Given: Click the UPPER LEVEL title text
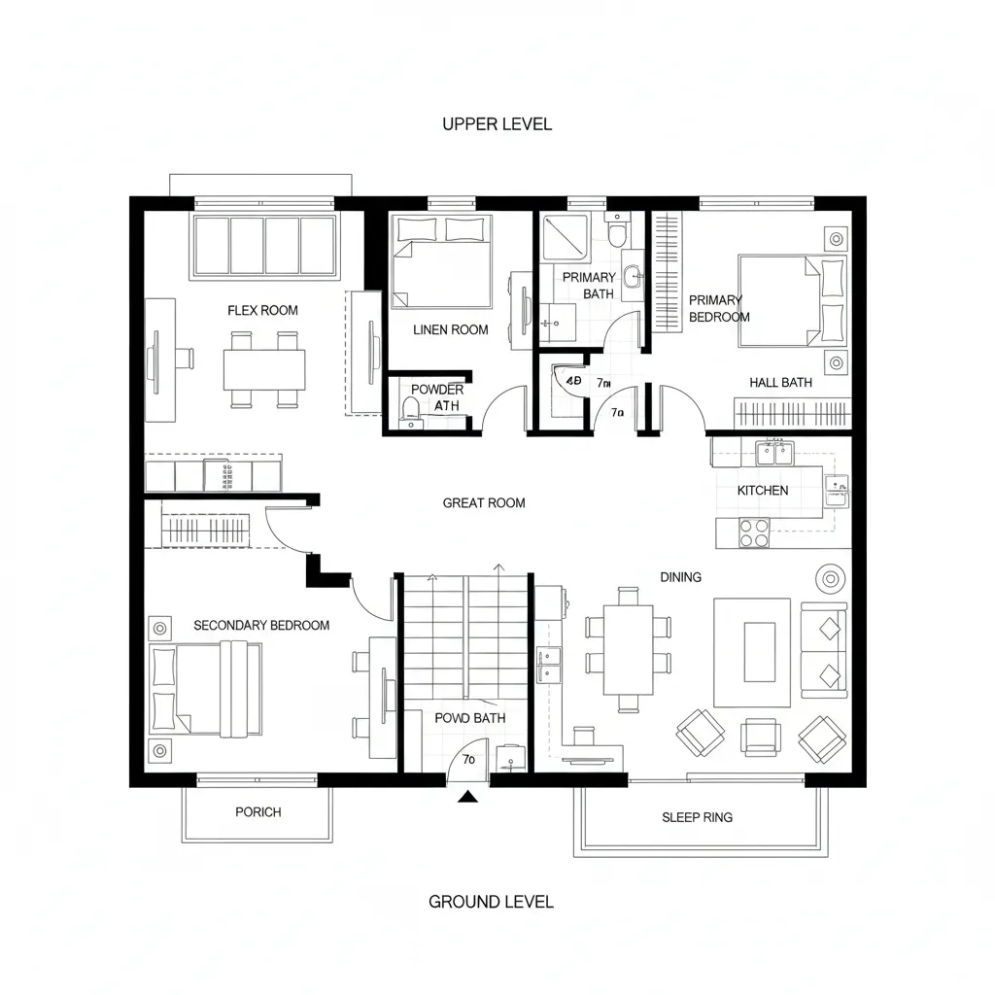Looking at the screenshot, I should coord(497,123).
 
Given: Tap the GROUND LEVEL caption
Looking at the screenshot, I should coord(491,901).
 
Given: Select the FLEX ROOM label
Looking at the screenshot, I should coord(262,310).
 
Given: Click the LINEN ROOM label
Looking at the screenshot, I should coord(450,329).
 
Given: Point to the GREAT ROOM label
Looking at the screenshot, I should coord(483,502).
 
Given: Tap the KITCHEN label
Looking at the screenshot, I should coord(763,491).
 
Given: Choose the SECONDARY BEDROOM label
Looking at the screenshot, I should coord(261,625).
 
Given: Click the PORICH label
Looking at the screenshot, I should coord(258,811).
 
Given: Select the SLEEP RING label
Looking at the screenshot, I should coord(697,817).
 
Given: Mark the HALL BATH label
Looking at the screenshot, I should coord(780,383).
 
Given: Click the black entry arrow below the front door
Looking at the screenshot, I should coord(469,798).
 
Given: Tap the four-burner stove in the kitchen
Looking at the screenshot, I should coord(755,532).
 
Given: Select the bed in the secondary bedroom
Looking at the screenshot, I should coord(206,689).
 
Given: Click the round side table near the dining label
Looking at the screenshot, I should coord(831,578).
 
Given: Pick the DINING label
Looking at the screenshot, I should coord(680,577).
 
